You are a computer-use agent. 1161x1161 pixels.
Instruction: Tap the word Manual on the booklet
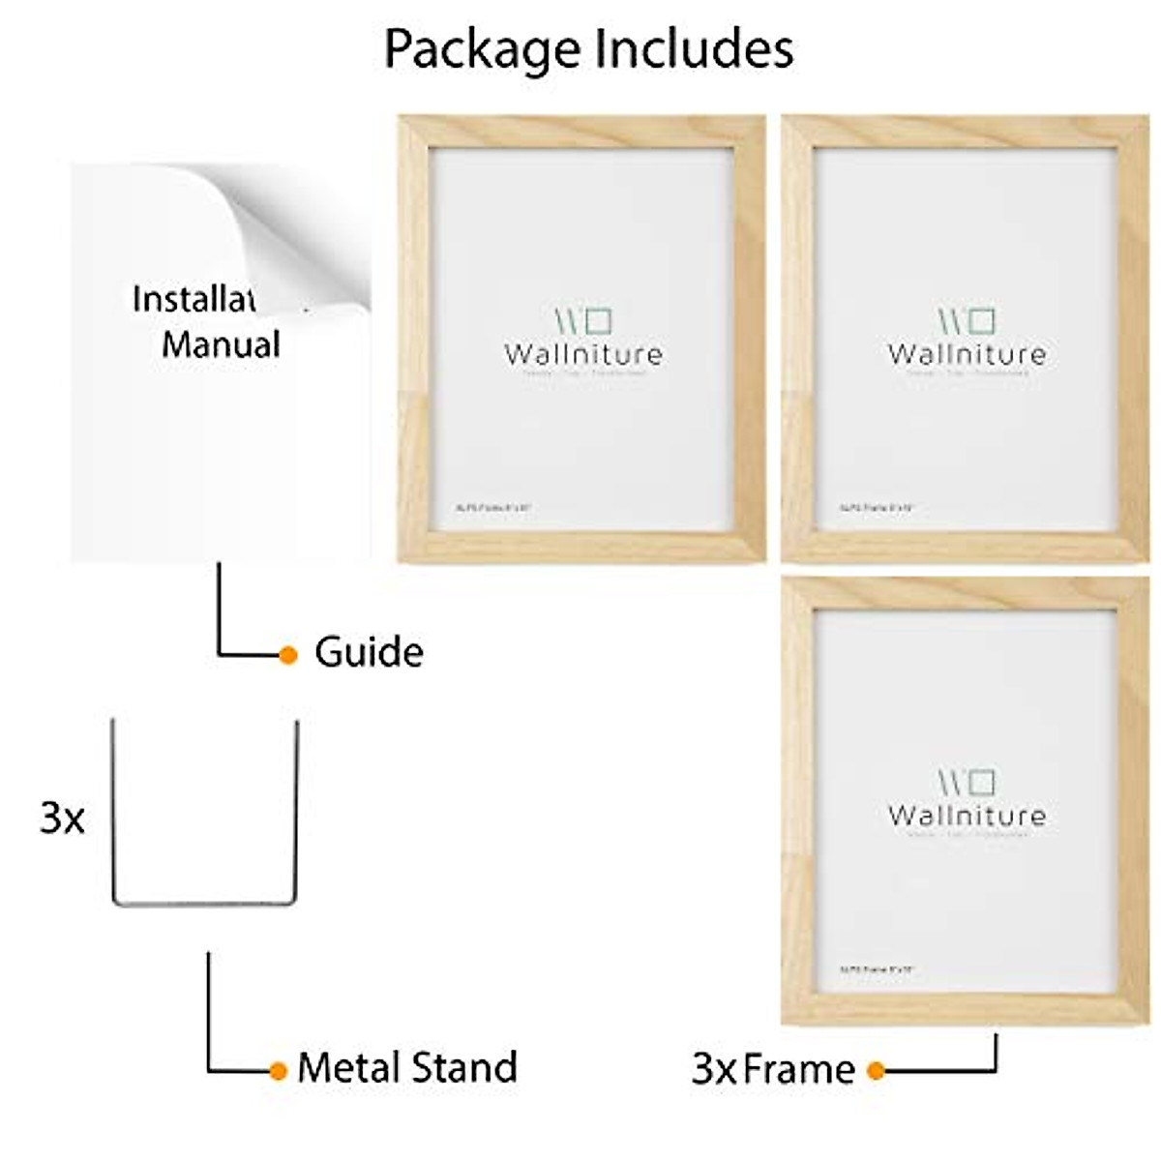[x=221, y=344]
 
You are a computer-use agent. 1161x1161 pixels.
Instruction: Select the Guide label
[x=369, y=653]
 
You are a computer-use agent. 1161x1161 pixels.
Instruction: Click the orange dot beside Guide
[x=287, y=655]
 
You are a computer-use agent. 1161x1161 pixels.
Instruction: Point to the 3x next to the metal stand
[x=62, y=819]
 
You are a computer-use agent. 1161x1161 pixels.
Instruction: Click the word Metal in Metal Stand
[x=349, y=1067]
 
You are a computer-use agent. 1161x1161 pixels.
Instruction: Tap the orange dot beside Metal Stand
[x=279, y=1070]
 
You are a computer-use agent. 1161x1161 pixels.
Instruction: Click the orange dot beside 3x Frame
[x=876, y=1070]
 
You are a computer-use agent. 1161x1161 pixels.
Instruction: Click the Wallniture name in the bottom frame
[x=967, y=816]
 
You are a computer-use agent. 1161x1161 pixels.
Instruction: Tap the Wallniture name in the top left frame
[x=583, y=354]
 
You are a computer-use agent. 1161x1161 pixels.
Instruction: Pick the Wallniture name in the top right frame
[x=967, y=354]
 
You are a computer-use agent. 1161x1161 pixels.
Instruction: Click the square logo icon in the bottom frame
[x=981, y=781]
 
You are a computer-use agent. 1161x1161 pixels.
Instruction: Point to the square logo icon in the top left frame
[x=598, y=320]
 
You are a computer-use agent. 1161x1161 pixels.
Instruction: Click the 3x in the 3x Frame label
[x=713, y=1070]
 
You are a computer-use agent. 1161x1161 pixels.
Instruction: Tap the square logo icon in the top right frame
[x=981, y=320]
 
